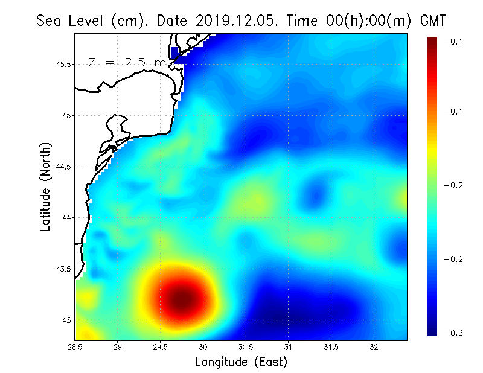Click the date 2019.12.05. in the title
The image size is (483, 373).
click(x=235, y=21)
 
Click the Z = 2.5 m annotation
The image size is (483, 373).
click(x=127, y=63)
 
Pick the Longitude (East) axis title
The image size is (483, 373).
click(x=241, y=362)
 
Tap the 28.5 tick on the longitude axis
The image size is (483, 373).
click(x=75, y=347)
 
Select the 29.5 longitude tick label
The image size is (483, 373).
click(x=161, y=347)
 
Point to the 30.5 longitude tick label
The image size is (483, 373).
click(x=246, y=347)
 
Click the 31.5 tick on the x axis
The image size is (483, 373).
click(x=331, y=347)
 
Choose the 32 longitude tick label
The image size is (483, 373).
click(x=374, y=347)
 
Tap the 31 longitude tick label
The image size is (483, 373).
click(x=289, y=347)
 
